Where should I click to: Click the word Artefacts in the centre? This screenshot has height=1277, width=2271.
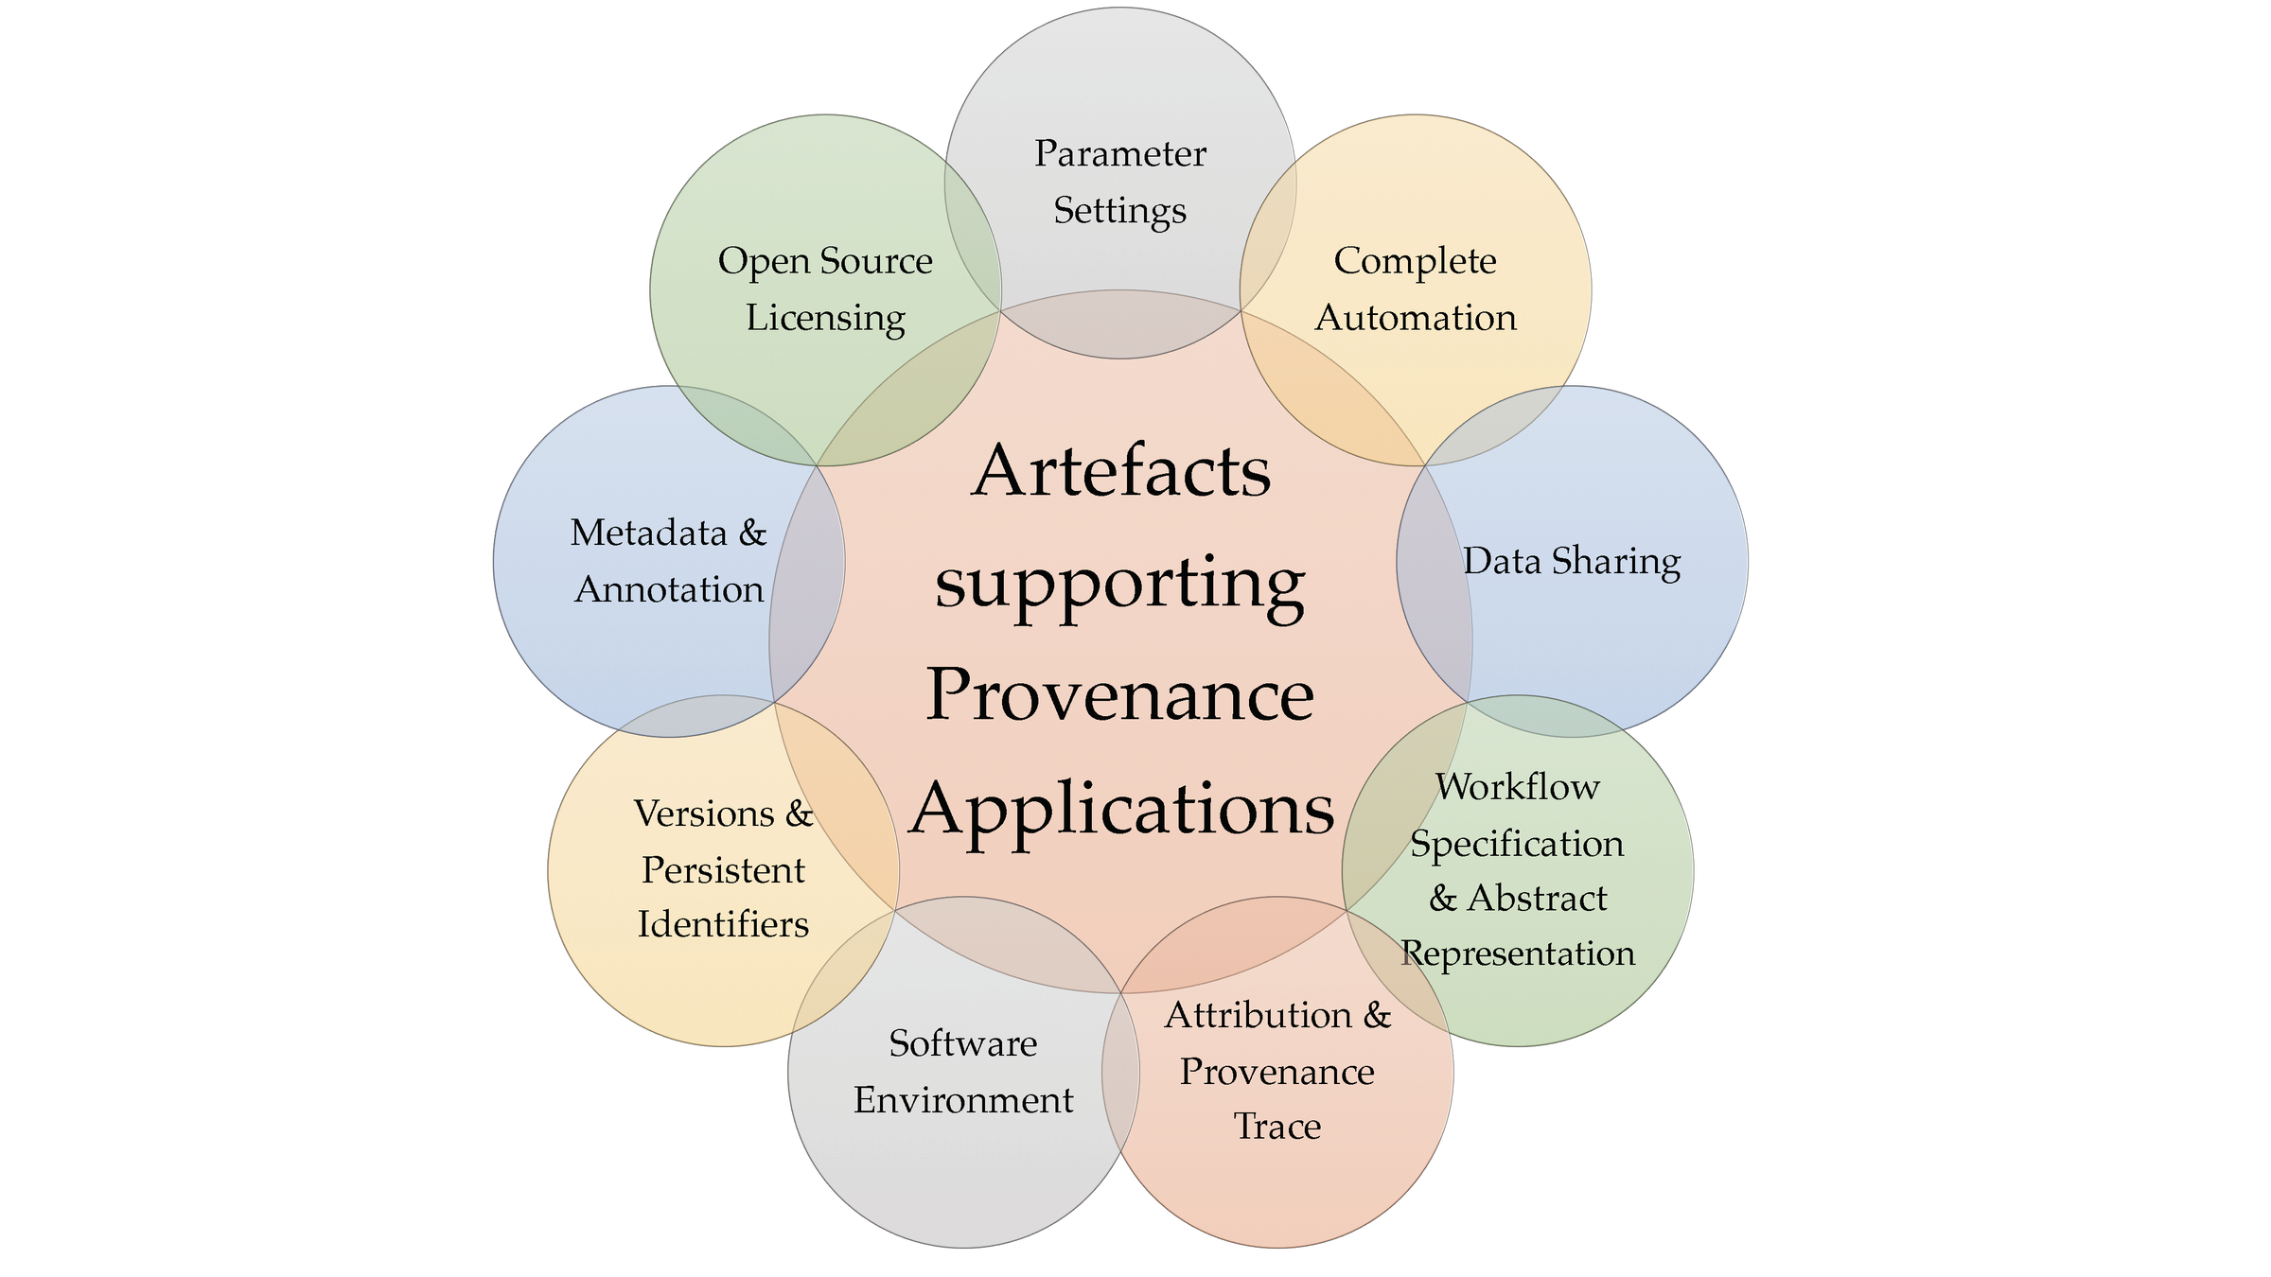[1121, 471]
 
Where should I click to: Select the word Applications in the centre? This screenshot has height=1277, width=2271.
[1122, 810]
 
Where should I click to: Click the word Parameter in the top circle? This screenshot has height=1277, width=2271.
[1120, 154]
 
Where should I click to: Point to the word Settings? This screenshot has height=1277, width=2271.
[1120, 211]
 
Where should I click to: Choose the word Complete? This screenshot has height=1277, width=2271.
[1416, 261]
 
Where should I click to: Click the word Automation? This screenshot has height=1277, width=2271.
[1416, 318]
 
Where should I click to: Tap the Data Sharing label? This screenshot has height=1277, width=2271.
[1572, 561]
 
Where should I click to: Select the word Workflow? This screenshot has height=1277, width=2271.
[1518, 787]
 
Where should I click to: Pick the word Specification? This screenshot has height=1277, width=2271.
[1518, 844]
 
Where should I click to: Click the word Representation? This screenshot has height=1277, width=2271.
[1518, 953]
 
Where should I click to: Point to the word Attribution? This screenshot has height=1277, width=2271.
[1259, 1015]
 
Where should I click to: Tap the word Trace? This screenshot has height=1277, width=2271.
[1277, 1127]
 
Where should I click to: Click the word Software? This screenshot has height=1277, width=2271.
[963, 1043]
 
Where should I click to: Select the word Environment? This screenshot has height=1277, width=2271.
[963, 1100]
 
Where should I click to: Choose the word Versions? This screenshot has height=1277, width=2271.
[704, 813]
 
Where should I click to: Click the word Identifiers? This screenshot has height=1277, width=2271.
[723, 924]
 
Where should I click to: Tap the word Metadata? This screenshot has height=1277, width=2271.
[649, 534]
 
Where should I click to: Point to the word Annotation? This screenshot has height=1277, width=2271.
[669, 590]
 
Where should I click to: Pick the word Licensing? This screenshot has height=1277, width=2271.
[825, 318]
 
